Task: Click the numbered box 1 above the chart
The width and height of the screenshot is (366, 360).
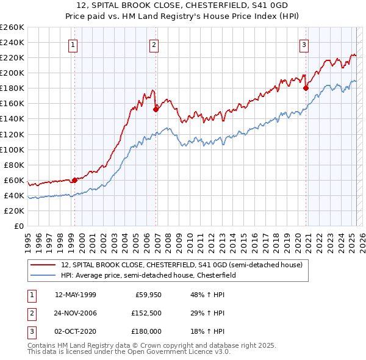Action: tap(73, 44)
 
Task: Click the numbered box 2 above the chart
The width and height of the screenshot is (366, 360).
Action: tap(154, 44)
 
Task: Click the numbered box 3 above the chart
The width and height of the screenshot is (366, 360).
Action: tap(304, 44)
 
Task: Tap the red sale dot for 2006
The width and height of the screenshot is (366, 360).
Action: tap(156, 109)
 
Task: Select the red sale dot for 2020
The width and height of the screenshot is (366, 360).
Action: tap(306, 88)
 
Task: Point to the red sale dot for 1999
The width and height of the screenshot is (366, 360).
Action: tap(74, 180)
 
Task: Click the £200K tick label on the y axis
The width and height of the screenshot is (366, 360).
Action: tap(12, 73)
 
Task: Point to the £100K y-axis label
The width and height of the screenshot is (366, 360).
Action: tap(12, 149)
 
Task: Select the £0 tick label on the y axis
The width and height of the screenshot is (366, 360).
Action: tap(18, 226)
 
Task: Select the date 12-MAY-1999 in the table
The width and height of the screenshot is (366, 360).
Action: tap(76, 295)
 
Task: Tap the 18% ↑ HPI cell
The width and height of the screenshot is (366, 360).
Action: tap(208, 331)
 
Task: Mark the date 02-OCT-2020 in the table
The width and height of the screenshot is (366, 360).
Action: tap(76, 331)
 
